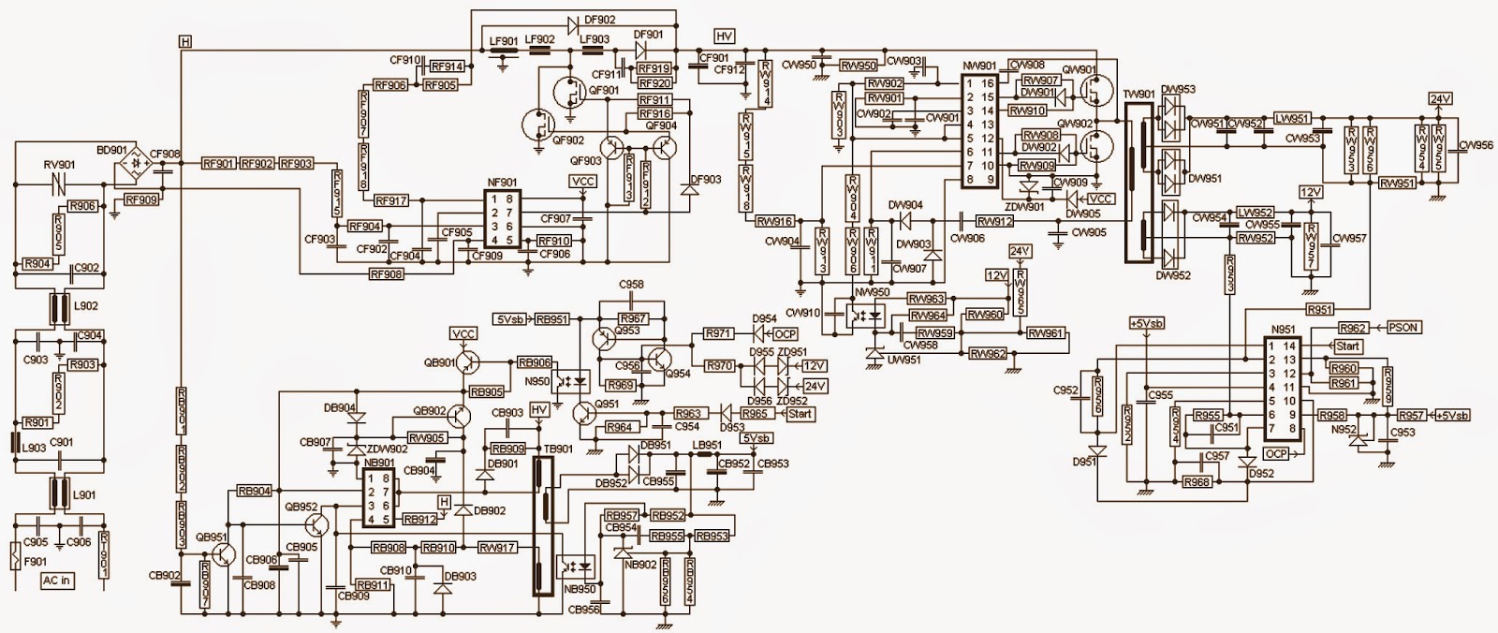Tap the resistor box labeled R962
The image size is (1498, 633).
coord(1353,329)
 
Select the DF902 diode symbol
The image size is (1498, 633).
coord(573,19)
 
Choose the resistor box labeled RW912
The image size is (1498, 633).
coord(994,222)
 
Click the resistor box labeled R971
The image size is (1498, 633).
coord(719,332)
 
